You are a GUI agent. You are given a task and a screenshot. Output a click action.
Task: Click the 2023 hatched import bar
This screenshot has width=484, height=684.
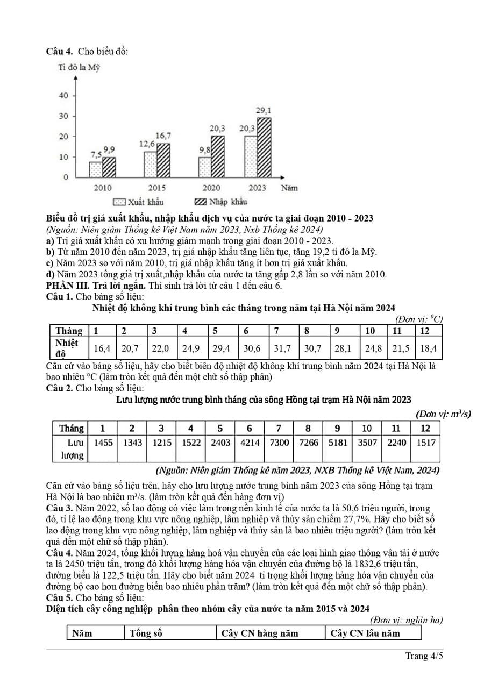coord(264,147)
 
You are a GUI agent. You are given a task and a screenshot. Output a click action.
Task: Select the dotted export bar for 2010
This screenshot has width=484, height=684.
coord(95,169)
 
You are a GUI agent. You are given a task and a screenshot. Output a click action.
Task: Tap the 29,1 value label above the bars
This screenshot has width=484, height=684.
coord(263,111)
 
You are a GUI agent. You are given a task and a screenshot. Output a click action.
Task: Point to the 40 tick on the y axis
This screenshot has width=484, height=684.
coord(63,96)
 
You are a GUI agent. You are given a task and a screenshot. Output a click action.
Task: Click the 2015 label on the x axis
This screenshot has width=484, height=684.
coord(156,188)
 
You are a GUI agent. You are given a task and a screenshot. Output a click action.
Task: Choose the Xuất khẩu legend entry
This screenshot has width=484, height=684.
coord(138,202)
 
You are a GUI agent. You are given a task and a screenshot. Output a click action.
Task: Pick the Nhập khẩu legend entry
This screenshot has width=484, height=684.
coord(220,202)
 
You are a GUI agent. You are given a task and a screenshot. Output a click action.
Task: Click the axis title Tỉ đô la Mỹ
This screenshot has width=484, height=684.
coord(79,68)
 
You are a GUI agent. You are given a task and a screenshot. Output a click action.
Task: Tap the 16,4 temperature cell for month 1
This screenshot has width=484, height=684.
coord(102,348)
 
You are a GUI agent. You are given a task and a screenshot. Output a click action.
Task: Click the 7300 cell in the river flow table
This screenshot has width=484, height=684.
coord(279,443)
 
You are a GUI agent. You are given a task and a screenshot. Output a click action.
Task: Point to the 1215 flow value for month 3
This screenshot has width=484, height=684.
coord(161,443)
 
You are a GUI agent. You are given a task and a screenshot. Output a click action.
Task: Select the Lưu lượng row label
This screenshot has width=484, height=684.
coord(71,448)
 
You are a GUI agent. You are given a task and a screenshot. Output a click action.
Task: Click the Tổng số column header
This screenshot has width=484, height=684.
coord(146,633)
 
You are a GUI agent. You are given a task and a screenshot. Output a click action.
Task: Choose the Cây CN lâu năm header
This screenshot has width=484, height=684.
coord(365,633)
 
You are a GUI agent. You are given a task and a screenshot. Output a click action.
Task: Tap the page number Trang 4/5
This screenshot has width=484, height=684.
coord(424,656)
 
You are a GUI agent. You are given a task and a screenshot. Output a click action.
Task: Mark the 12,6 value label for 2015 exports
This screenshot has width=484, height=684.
coord(147,144)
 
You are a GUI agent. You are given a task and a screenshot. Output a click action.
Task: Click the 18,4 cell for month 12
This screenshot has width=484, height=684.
coord(429,348)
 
